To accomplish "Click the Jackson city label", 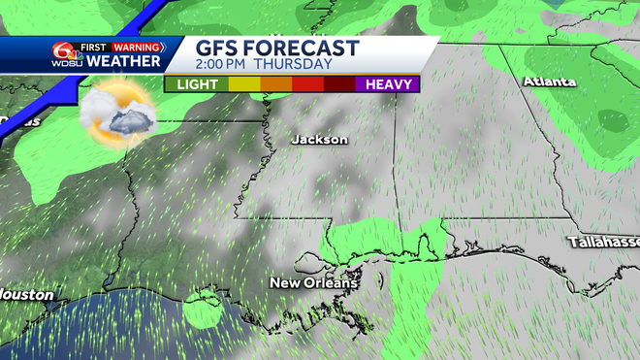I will tap(319, 140).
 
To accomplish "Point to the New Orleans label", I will tap(313, 283).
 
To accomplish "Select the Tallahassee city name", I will tap(603, 241).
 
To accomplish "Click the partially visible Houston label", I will tap(24, 294).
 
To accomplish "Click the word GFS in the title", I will tap(220, 49).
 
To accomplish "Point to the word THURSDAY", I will tap(295, 65).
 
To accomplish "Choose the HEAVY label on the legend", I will tap(387, 84).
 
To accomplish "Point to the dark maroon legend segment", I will tap(338, 84).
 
